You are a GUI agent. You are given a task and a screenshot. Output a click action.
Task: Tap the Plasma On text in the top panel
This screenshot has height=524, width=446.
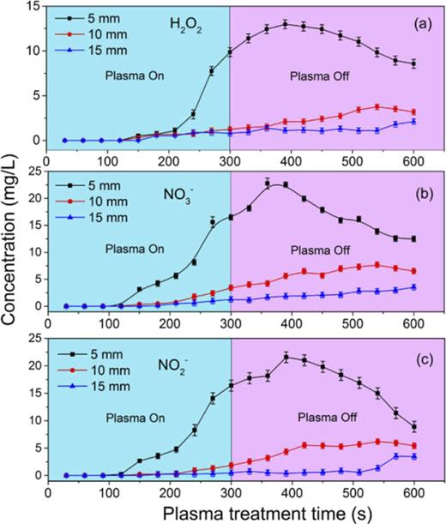pyautogui.click(x=135, y=75)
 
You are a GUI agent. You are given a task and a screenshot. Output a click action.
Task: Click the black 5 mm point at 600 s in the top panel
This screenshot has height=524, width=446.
pyautogui.click(x=413, y=63)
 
